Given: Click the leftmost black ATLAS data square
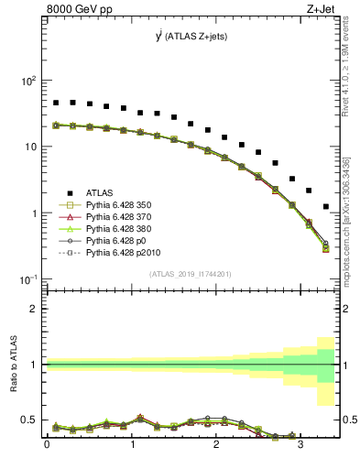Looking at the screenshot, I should (56, 103).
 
